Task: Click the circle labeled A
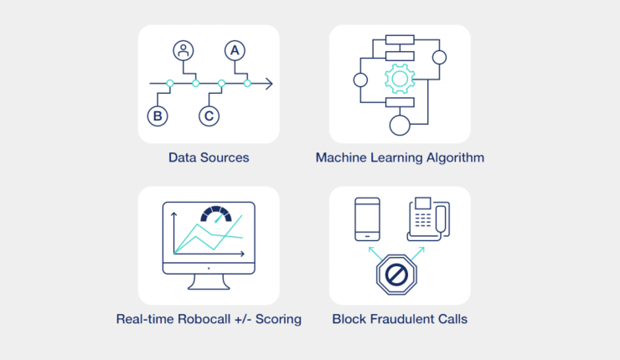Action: [235, 50]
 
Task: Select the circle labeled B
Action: [158, 116]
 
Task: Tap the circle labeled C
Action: [209, 116]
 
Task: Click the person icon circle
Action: [183, 50]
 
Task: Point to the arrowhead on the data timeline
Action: [270, 84]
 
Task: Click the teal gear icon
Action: [400, 79]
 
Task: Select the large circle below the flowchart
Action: [400, 126]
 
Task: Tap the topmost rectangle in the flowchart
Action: [400, 39]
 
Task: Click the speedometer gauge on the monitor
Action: [216, 213]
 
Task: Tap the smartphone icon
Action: [367, 219]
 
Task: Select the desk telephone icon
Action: [429, 219]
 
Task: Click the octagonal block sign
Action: [396, 275]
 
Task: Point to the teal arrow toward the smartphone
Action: [375, 254]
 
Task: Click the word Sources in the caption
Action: [225, 157]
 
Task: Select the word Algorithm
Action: [455, 157]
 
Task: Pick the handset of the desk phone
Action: [441, 219]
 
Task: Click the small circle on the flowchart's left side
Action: [360, 80]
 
